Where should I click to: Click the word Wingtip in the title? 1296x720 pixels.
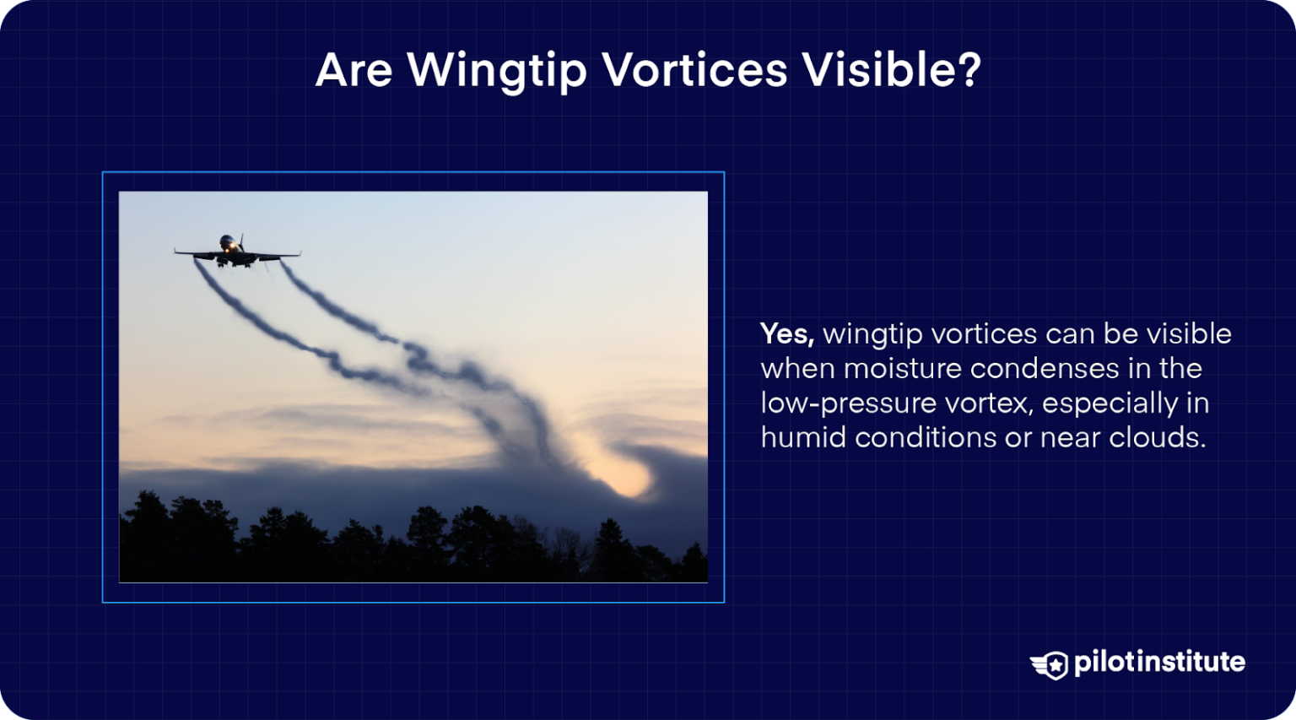point(497,71)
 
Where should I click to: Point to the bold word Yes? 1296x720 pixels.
point(787,335)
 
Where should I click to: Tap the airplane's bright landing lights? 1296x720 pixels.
point(227,246)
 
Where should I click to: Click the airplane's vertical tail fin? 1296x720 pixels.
point(241,241)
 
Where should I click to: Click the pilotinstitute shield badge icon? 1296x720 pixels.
point(1050,665)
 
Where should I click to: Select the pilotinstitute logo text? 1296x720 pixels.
point(1159,662)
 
